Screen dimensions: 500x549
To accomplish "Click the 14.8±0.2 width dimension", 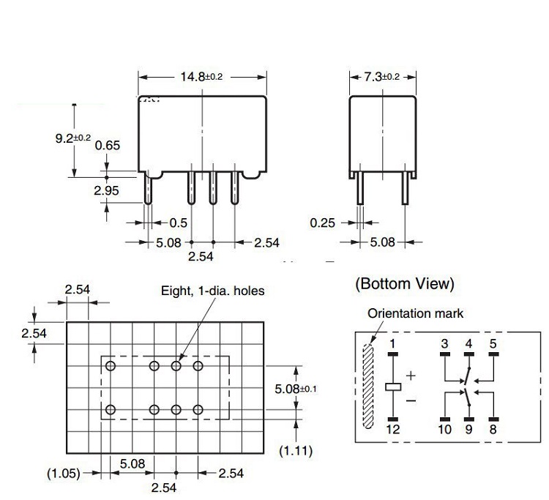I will point(201,77).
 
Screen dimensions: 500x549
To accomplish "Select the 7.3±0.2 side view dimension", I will point(382,77).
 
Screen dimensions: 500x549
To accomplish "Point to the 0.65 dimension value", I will point(107,145).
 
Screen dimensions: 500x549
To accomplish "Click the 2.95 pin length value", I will point(107,191).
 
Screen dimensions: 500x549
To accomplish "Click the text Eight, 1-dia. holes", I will point(212,291).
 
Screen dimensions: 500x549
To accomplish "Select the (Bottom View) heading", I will point(404,283).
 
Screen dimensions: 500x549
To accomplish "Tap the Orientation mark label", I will point(415,313).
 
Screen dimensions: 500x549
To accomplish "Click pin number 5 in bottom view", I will point(493,343).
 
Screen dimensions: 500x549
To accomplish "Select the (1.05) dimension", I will point(63,473).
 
